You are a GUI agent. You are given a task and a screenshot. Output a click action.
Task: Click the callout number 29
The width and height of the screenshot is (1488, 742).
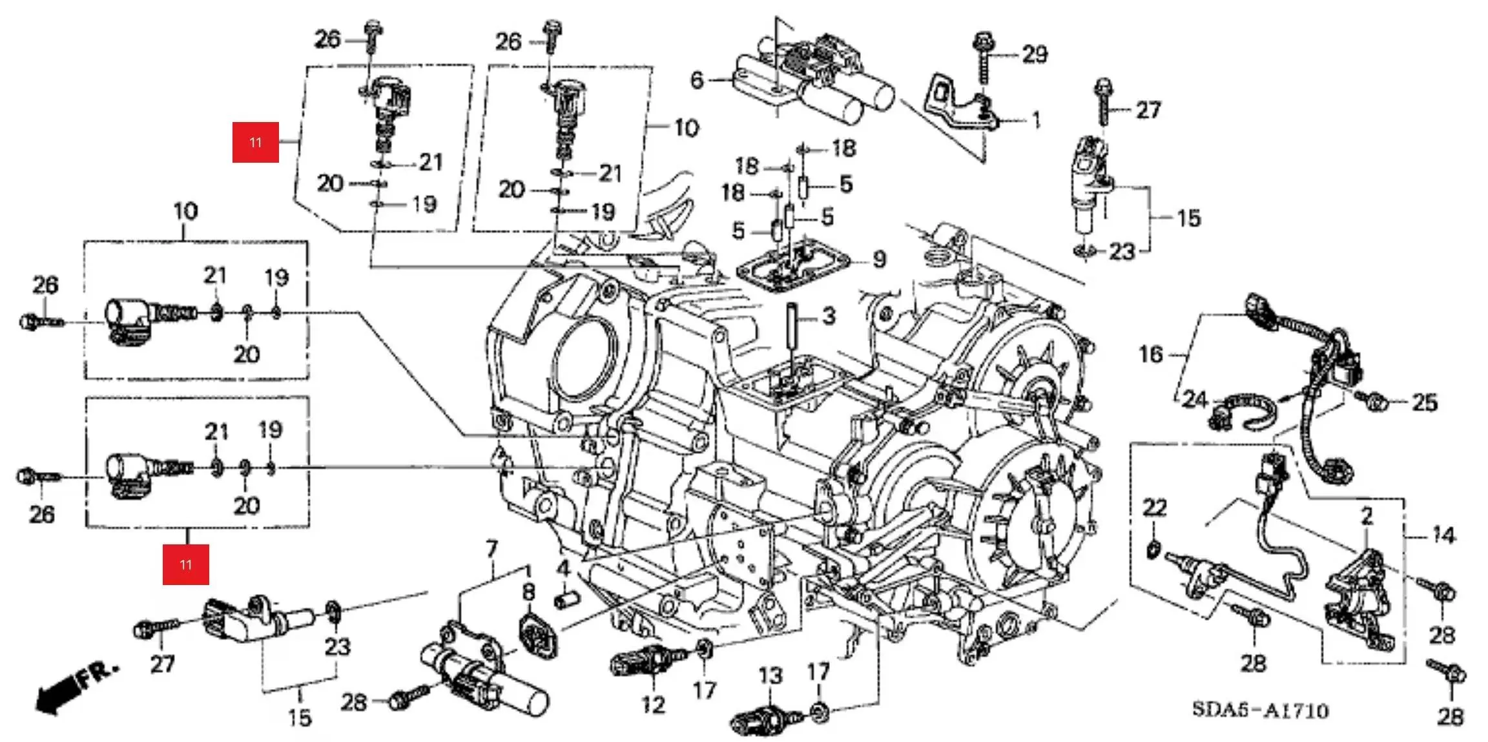point(1035,54)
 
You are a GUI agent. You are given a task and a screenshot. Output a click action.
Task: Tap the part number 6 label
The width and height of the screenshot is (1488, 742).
point(696,80)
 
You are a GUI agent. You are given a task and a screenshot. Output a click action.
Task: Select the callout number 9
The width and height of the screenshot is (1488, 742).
point(879,260)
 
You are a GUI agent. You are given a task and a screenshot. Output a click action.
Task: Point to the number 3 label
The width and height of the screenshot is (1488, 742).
point(829,316)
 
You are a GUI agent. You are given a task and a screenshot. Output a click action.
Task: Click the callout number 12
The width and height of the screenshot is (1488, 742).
point(652,704)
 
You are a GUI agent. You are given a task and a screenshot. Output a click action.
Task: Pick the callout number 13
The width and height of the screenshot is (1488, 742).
point(770,676)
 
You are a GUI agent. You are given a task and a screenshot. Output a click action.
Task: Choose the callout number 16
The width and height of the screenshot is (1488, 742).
point(1151,354)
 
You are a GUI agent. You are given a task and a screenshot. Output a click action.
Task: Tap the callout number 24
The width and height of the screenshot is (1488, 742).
point(1195,400)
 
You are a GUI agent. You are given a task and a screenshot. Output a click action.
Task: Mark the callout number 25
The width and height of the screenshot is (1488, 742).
point(1425,403)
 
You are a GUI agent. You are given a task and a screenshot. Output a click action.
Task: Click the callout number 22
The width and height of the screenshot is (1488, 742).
point(1155,508)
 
